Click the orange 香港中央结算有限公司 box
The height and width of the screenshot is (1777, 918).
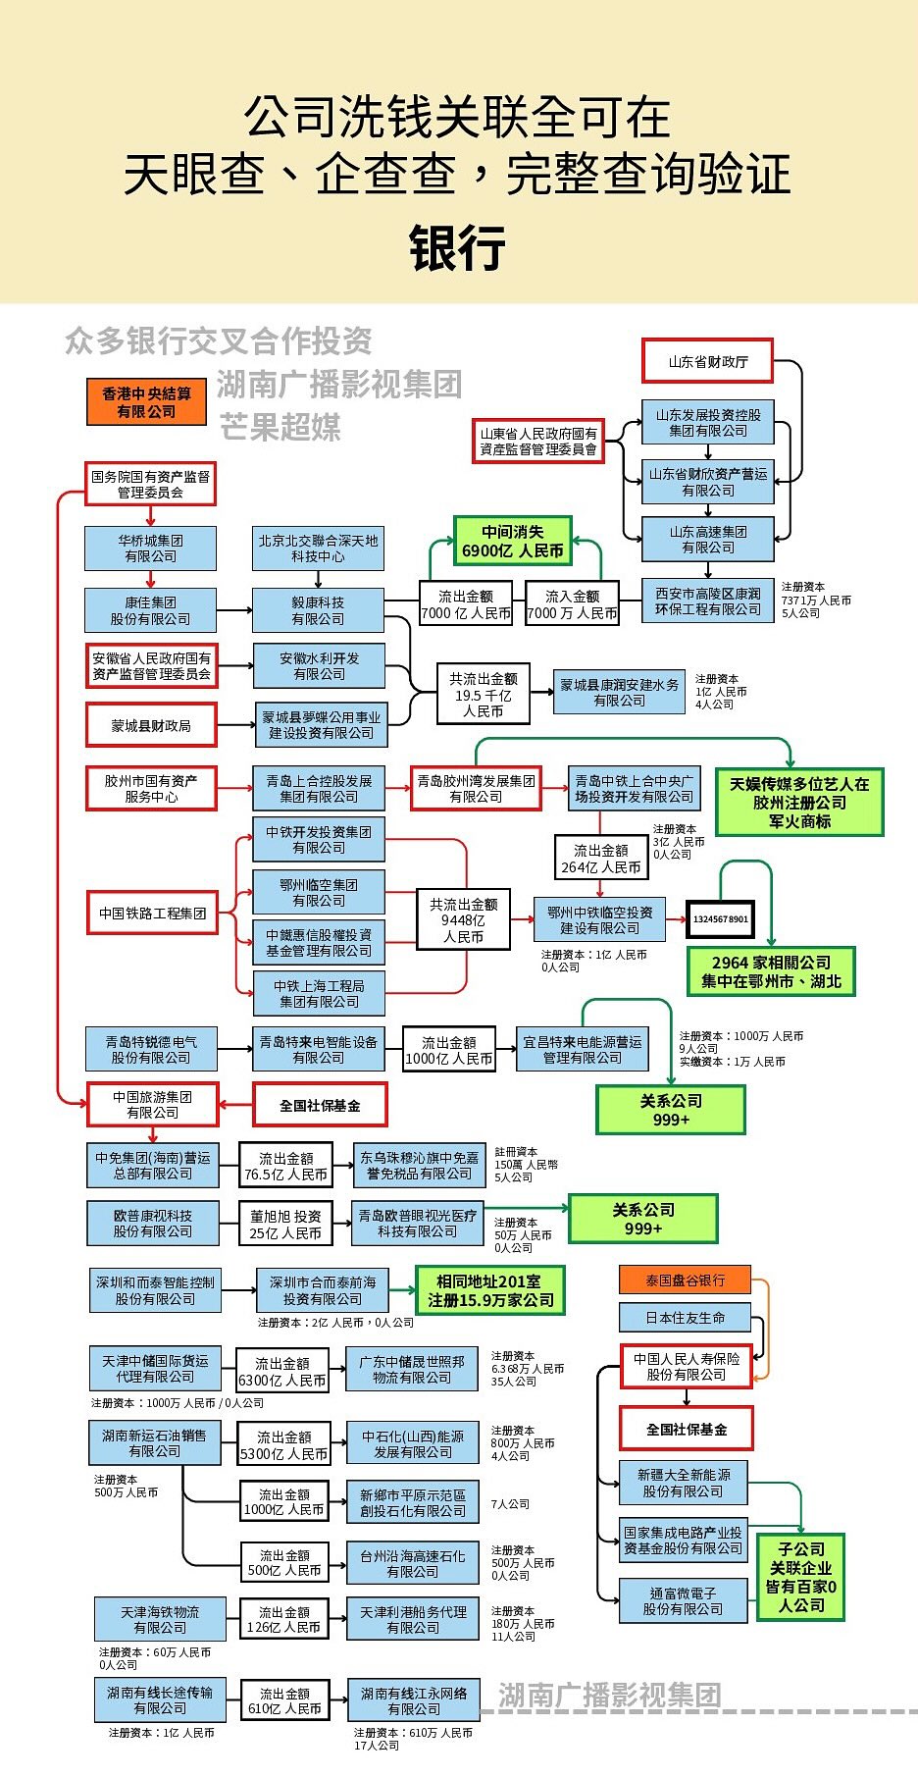coord(146,402)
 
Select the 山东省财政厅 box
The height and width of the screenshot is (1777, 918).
coord(707,361)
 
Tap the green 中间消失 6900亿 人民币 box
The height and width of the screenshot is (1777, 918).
coord(512,541)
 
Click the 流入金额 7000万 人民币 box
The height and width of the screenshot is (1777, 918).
coord(572,604)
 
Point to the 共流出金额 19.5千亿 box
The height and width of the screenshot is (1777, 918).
coord(483,695)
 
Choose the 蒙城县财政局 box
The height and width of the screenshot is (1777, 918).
coord(151,725)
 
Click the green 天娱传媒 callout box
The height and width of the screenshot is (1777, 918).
coord(799,802)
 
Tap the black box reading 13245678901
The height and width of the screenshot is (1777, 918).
coord(720,919)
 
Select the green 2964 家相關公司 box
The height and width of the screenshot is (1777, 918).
coord(771,971)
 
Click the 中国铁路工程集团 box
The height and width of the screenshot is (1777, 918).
coord(152,913)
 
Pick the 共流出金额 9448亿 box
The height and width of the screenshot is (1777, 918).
coord(463,920)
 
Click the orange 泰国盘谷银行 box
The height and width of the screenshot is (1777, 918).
coord(685,1280)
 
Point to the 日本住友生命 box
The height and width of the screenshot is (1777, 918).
coord(685,1317)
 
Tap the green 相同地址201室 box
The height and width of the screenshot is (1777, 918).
coord(489,1290)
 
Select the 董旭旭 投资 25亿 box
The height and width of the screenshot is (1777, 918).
coord(284,1224)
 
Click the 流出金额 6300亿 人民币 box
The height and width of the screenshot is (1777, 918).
coord(282,1372)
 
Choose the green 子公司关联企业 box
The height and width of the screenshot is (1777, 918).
coord(800,1577)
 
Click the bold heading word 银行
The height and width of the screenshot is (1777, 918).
coord(457,247)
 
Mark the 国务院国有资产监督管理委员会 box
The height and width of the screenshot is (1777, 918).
coord(150,484)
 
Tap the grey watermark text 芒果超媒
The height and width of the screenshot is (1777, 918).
coord(280,427)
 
